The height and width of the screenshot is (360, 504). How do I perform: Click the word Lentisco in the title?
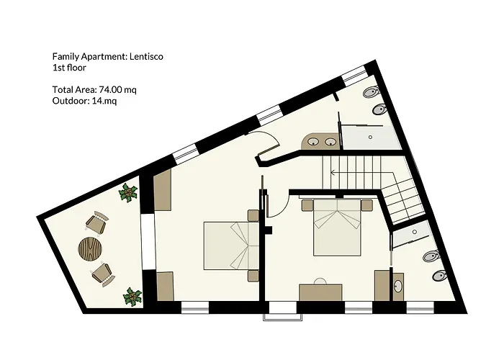pos(146,57)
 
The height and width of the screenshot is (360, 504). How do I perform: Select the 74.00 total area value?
pos(111,89)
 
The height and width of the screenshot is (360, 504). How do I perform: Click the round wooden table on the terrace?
pos(90,248)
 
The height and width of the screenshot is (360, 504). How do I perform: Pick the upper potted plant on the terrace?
pos(128,192)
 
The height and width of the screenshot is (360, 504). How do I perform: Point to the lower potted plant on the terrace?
pos(132,297)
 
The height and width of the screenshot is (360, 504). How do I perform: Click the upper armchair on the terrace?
pos(96,222)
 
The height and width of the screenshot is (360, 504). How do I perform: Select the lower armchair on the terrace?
pos(103,274)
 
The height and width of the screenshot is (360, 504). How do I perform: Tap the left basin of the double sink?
pos(312,141)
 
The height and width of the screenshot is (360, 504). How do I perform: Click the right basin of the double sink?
pos(330,141)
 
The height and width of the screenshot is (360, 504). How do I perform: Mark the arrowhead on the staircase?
pos(333,173)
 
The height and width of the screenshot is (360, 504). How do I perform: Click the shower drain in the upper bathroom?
pos(370,137)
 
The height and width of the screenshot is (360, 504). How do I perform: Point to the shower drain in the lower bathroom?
pos(414,232)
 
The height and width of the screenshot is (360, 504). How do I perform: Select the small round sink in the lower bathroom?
pos(398,285)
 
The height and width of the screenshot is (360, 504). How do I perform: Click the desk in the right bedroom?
pos(320,292)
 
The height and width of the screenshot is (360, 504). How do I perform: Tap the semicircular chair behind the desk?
pos(320,281)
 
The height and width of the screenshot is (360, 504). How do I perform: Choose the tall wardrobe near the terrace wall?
pos(162,190)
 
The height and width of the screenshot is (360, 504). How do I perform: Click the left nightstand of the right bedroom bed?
pos(307,205)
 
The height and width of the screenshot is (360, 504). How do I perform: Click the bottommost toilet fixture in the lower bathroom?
pos(440,276)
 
